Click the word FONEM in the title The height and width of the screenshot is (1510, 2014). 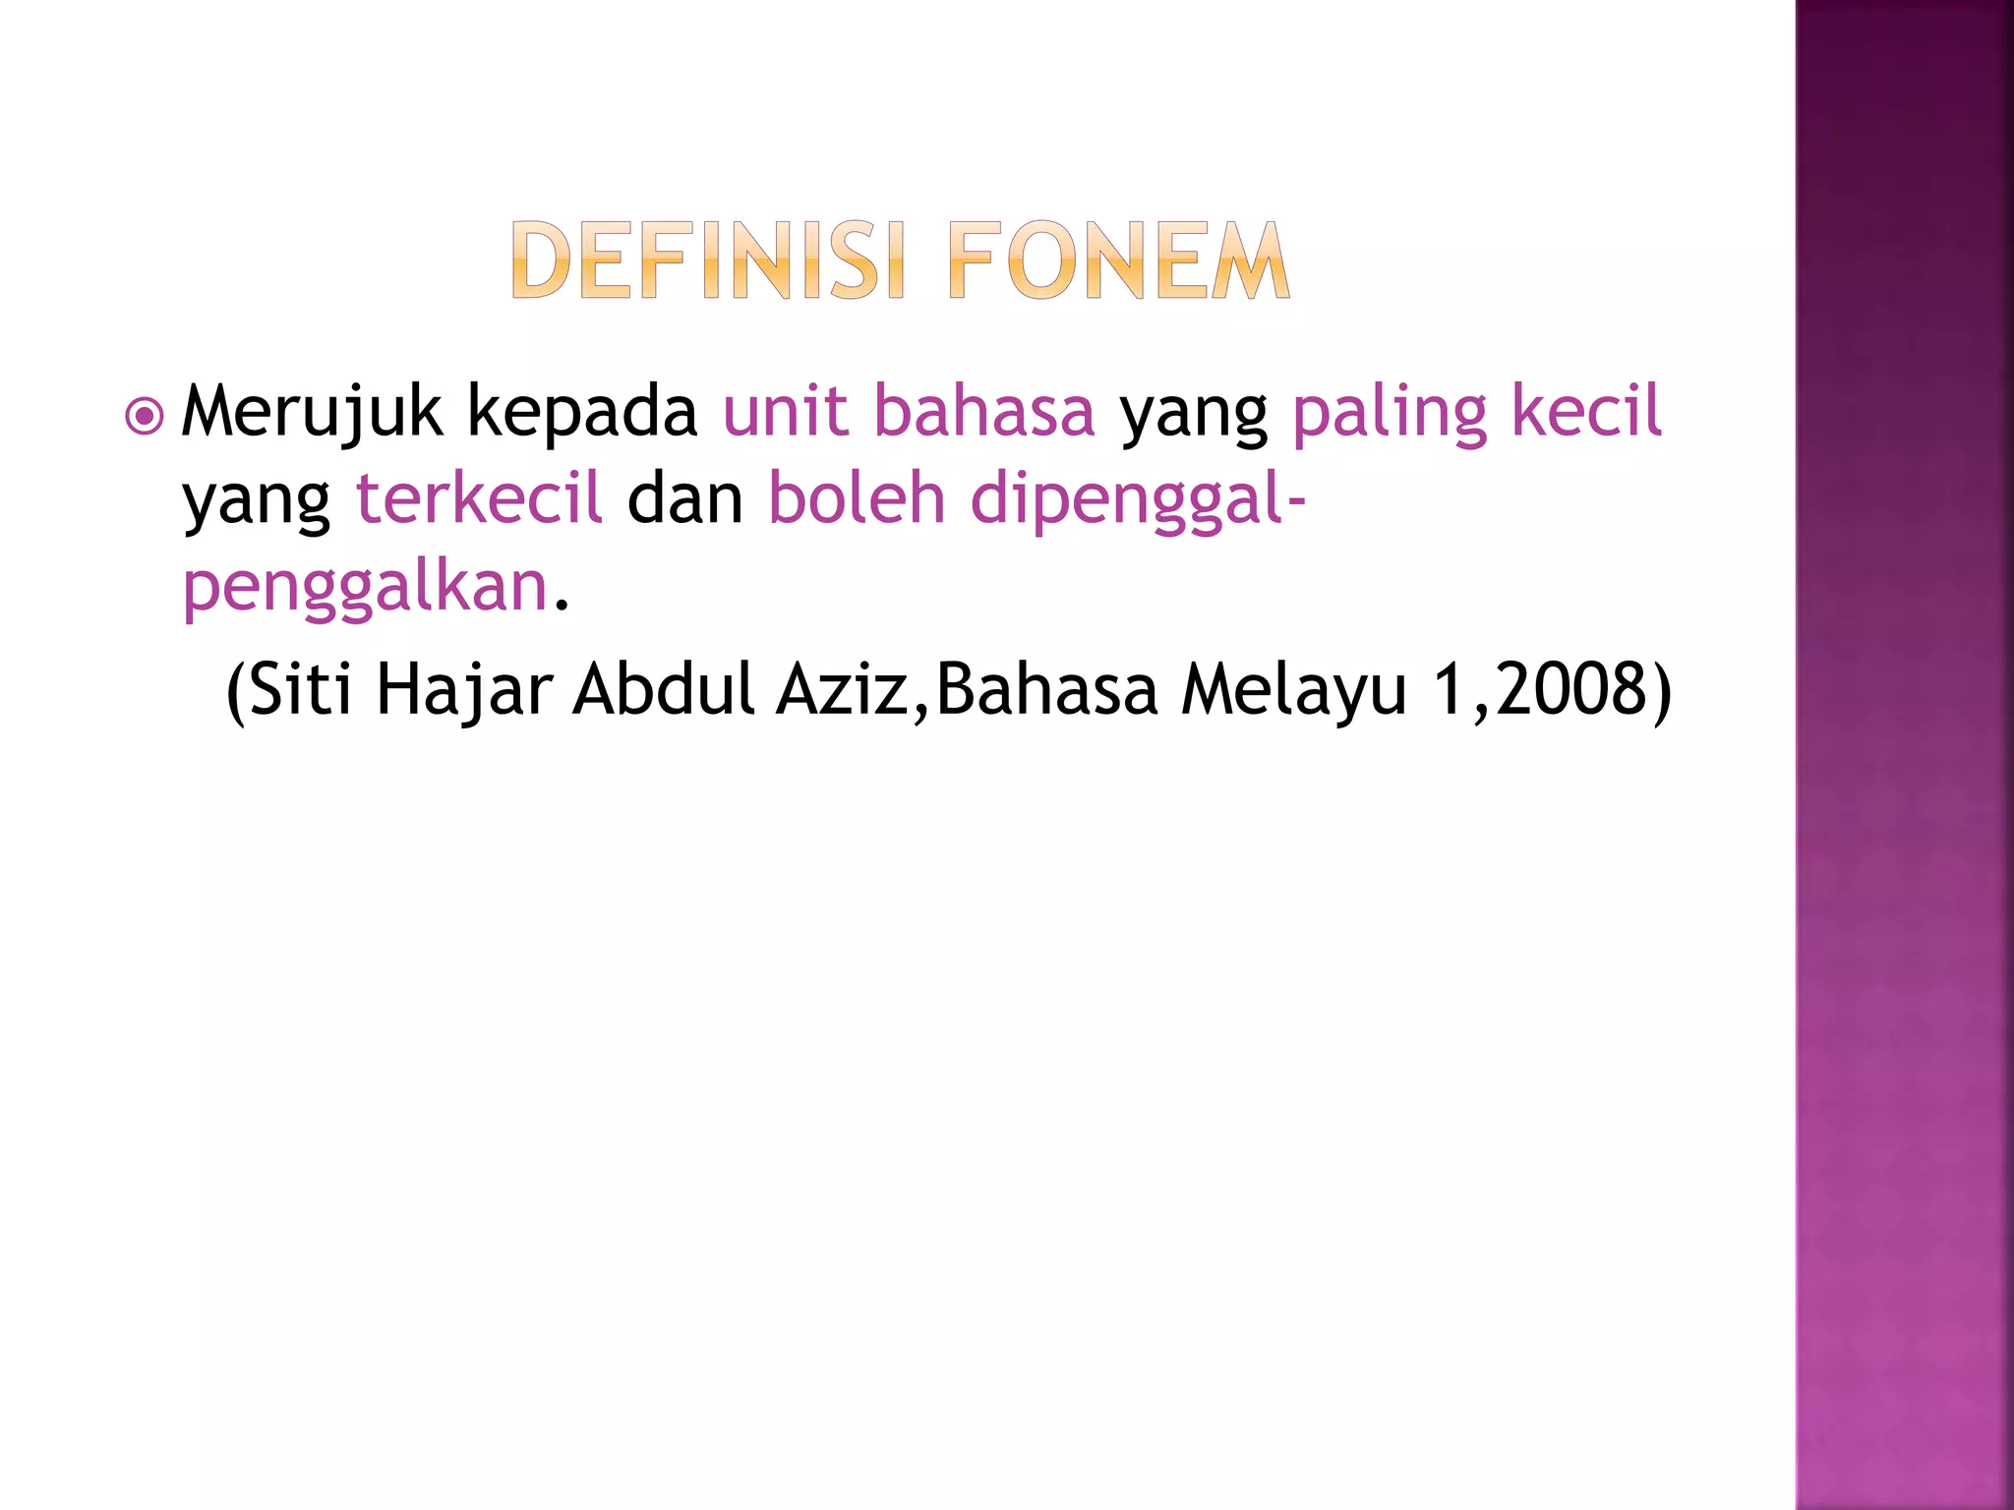click(1119, 261)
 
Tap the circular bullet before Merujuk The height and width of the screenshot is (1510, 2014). click(145, 417)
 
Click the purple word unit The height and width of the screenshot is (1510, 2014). click(785, 411)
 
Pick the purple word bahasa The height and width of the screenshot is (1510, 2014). click(984, 411)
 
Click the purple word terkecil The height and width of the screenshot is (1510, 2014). click(478, 497)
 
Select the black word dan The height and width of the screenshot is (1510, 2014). click(685, 499)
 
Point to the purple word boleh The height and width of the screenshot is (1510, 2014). click(857, 497)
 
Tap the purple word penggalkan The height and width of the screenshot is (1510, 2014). click(365, 588)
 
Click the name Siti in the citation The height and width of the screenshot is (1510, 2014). click(300, 689)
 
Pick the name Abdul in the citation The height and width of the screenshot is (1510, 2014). click(664, 689)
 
